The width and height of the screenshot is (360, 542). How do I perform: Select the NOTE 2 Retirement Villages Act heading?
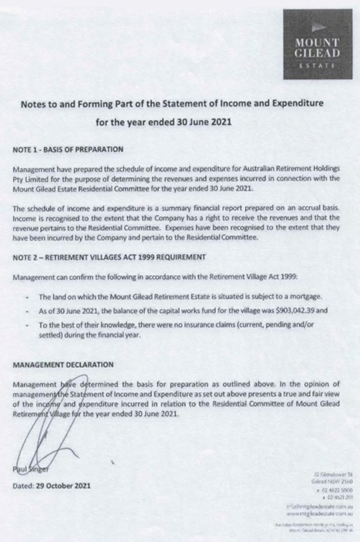(109, 257)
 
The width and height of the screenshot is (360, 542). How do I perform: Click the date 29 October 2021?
(65, 486)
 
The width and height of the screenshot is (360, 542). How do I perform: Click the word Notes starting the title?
(36, 104)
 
